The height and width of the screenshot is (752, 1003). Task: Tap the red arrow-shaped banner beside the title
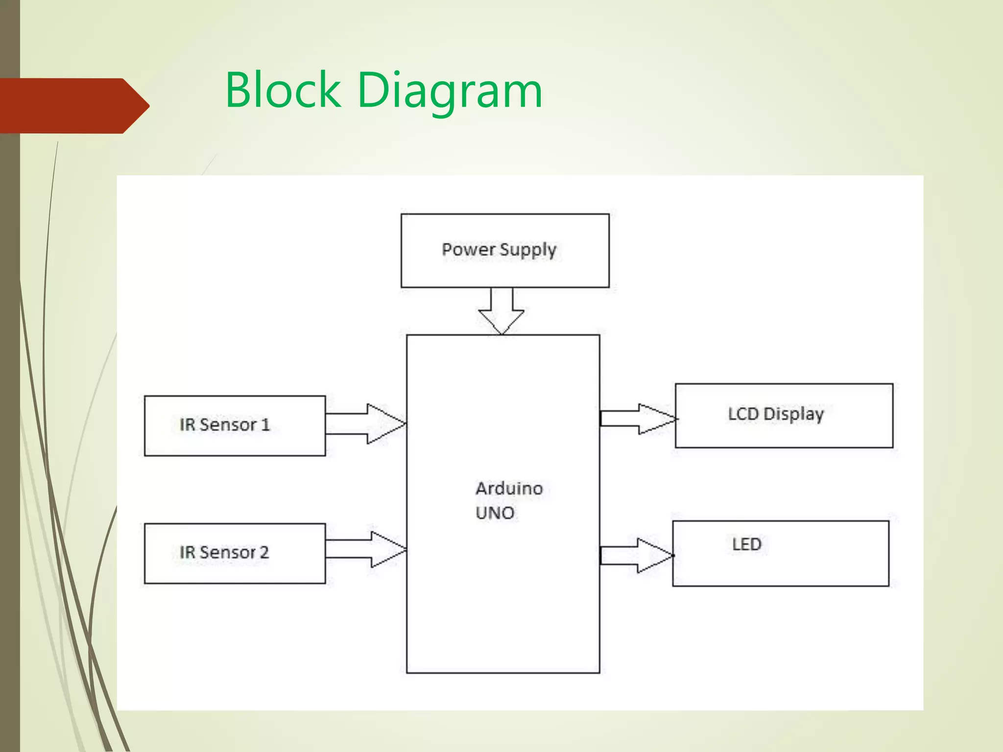(x=73, y=106)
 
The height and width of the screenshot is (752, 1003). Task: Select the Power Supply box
(x=505, y=272)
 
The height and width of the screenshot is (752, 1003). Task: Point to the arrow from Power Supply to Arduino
(x=501, y=311)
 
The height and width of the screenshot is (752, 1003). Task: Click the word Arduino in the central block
(x=509, y=489)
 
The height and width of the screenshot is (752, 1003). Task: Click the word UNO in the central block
(x=495, y=513)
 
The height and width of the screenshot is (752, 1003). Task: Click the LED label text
(x=746, y=544)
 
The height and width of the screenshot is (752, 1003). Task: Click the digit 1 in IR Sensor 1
(x=265, y=424)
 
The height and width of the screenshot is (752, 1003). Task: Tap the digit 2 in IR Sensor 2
(x=264, y=552)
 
